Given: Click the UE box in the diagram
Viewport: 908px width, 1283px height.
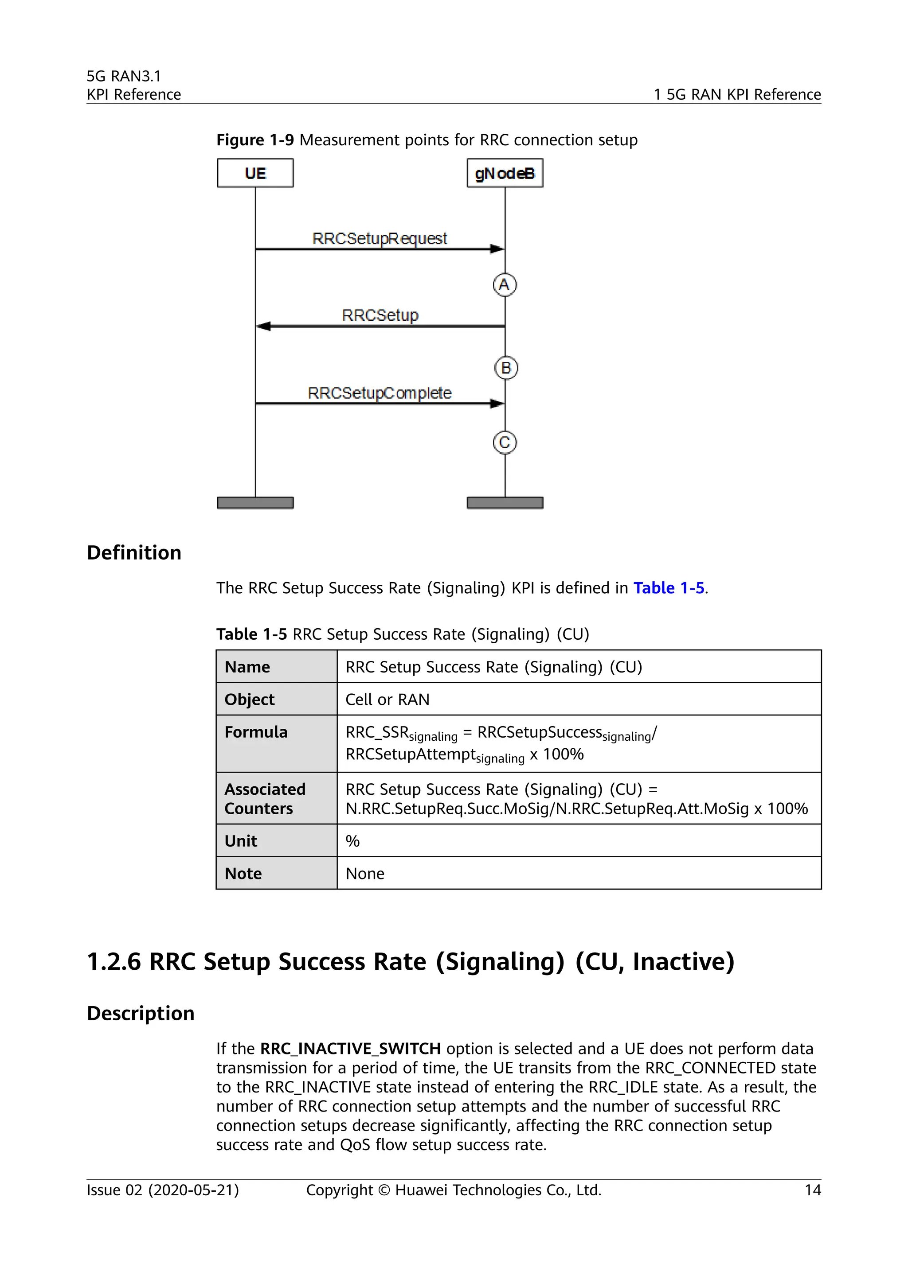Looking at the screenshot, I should click(x=255, y=173).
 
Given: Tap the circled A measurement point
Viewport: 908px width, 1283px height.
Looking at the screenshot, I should click(x=504, y=285).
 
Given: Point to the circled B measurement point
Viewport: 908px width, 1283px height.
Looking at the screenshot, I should click(x=506, y=368).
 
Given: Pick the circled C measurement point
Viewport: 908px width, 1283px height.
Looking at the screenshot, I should click(x=504, y=443).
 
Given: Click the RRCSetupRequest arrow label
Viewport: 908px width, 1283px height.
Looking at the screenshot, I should click(x=380, y=239).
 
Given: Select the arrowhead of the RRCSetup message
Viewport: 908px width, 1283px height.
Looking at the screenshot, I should click(x=263, y=327).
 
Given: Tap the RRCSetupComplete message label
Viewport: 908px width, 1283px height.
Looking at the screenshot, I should click(x=380, y=393).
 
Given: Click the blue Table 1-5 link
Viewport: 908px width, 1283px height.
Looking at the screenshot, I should click(x=668, y=588).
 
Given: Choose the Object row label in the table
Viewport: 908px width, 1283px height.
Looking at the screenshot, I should click(x=249, y=700).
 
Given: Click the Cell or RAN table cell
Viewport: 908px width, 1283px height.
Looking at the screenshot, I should click(x=387, y=700).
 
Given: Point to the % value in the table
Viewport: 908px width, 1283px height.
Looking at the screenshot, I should click(x=352, y=841).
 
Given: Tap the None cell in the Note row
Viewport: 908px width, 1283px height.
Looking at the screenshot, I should click(x=364, y=873).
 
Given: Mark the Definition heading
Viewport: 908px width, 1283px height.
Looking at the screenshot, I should click(x=134, y=552).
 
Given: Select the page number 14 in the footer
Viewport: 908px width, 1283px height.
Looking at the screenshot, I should click(x=812, y=1190).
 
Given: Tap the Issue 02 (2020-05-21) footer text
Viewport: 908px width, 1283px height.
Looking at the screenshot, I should click(x=163, y=1190).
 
